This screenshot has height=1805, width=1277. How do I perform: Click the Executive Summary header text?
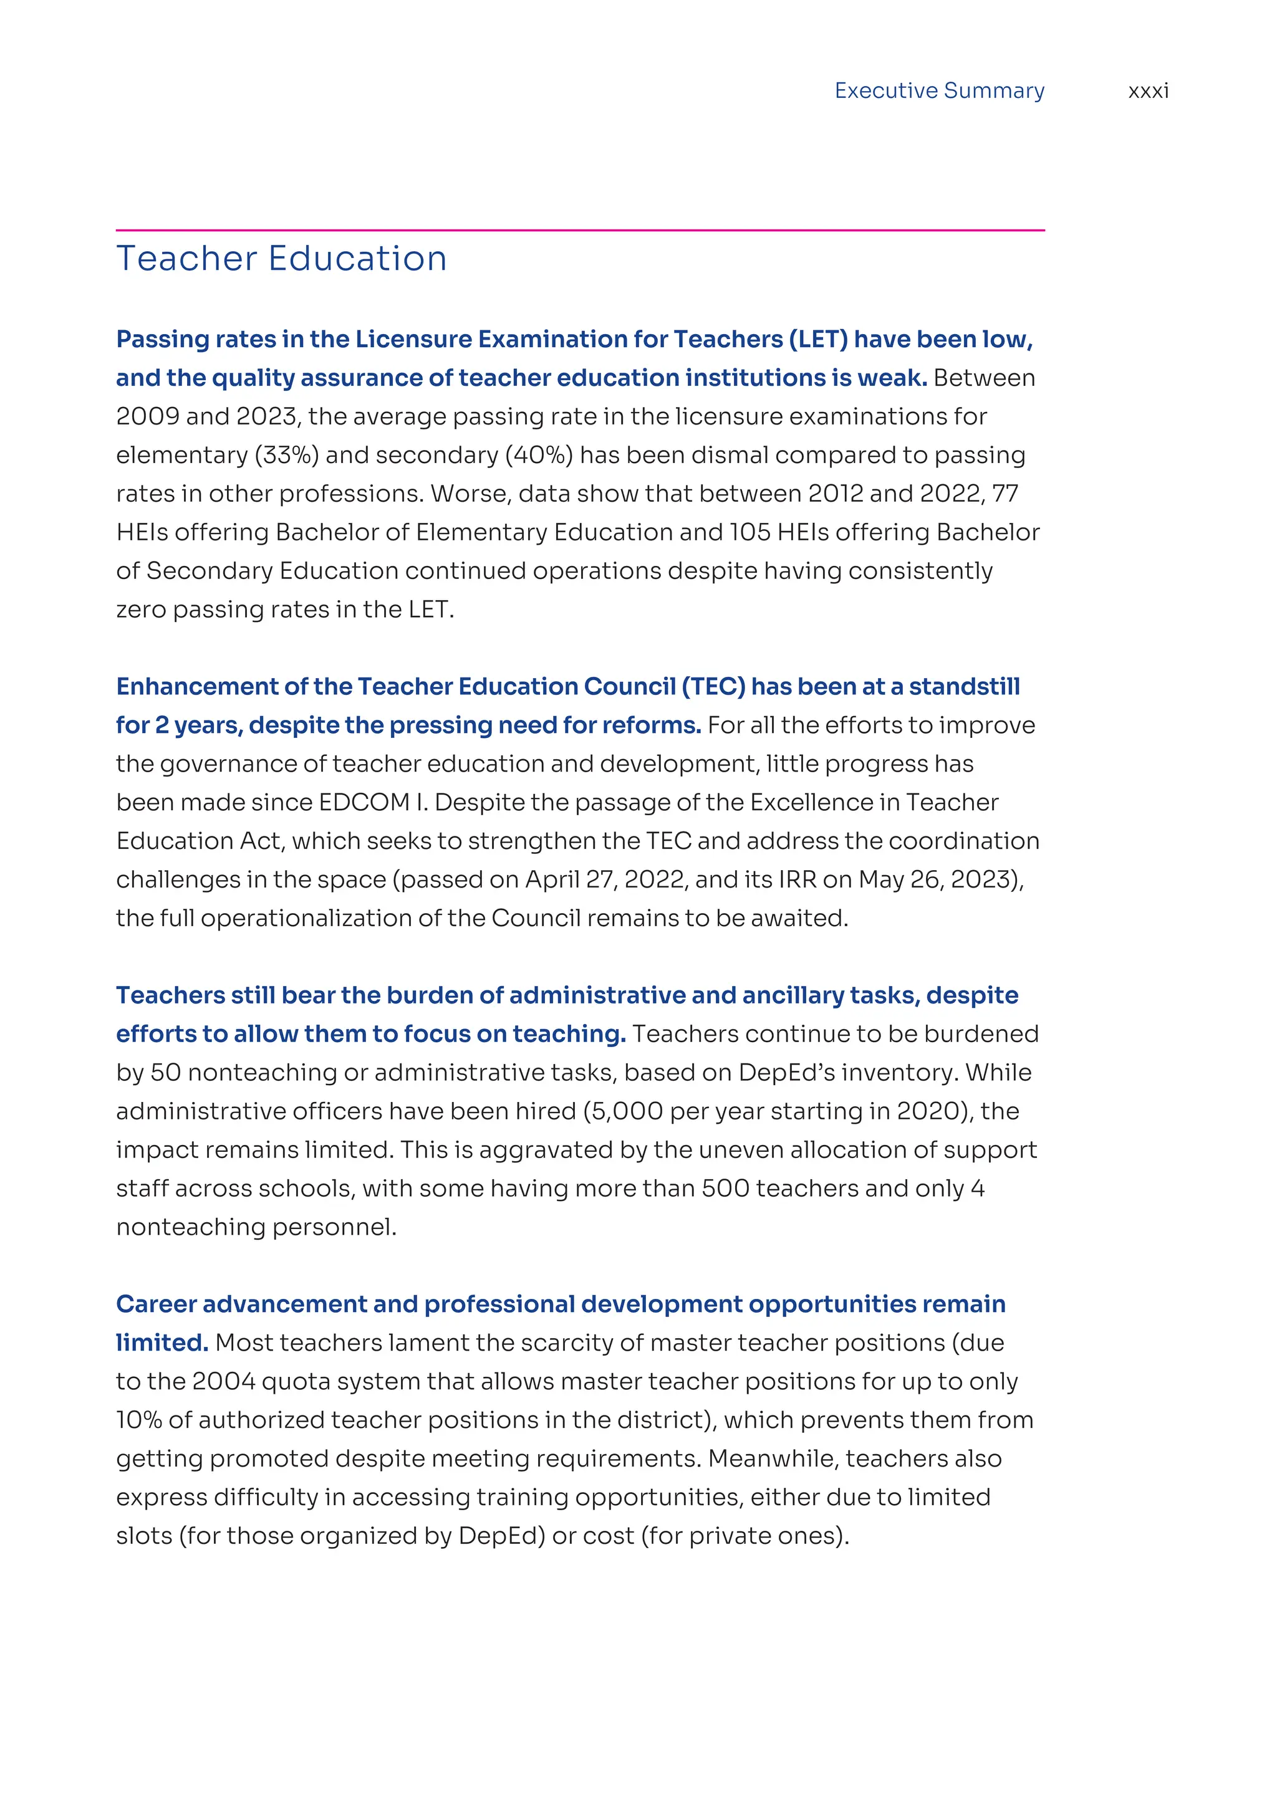tap(939, 91)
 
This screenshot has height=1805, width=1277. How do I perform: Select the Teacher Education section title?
tap(281, 259)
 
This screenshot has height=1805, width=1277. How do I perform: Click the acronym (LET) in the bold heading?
tap(811, 340)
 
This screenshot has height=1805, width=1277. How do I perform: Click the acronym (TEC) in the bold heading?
tap(713, 687)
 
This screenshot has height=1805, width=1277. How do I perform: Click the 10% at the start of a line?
tap(138, 1420)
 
